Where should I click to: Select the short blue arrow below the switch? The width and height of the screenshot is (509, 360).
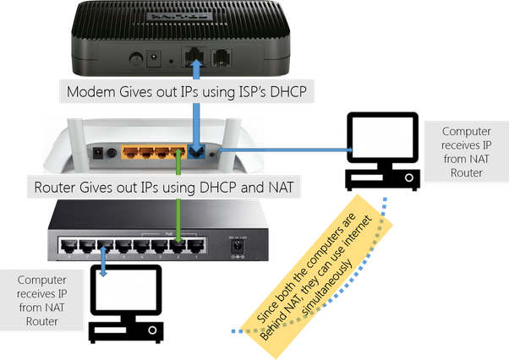(x=102, y=262)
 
